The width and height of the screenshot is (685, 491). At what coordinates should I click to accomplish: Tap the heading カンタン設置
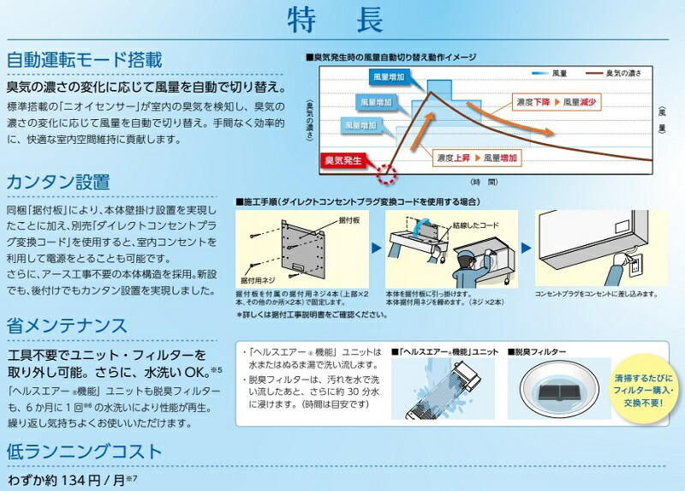click(58, 182)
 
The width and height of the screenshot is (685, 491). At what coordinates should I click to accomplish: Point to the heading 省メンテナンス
click(67, 326)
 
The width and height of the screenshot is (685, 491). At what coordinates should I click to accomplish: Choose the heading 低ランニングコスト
click(84, 451)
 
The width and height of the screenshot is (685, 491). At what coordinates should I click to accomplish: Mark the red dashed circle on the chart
click(388, 174)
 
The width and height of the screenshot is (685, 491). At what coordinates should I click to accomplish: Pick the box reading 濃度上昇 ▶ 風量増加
click(476, 159)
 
